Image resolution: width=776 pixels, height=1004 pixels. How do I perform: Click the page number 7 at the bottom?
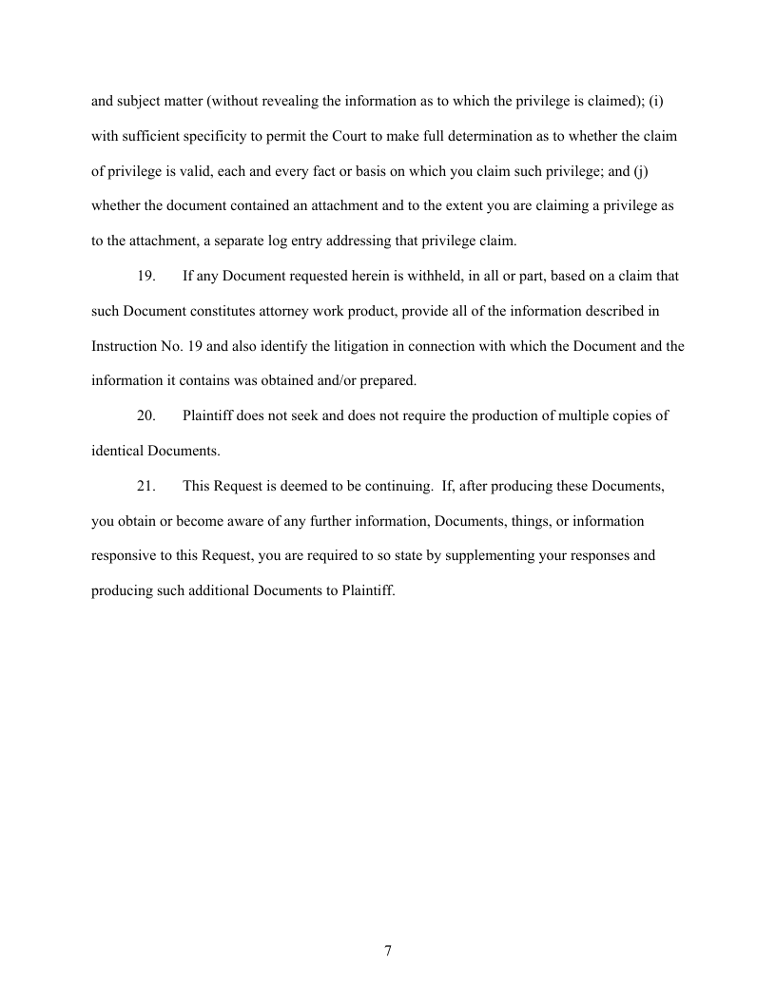tap(388, 951)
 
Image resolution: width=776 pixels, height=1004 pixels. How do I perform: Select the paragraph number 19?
tap(146, 277)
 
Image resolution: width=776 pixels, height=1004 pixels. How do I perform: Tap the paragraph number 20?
tap(146, 415)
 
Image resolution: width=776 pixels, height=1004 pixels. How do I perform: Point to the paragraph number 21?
tap(146, 486)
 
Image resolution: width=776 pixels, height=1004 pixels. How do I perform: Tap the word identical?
tap(116, 451)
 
